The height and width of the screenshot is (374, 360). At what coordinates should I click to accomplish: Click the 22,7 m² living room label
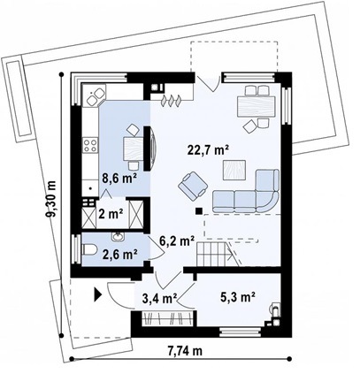[x=209, y=150]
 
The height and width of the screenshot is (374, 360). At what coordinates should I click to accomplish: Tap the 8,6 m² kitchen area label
[x=119, y=179]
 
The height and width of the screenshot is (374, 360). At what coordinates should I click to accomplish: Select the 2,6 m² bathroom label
[x=120, y=255]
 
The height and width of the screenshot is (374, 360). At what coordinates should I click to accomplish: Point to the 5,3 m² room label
[x=238, y=297]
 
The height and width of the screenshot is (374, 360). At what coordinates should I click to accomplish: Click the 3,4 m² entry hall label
[x=159, y=298]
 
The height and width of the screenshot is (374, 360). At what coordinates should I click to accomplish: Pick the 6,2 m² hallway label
[x=177, y=241]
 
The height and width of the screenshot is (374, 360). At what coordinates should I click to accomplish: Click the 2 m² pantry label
[x=111, y=214]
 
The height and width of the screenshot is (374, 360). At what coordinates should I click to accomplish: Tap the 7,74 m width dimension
[x=185, y=351]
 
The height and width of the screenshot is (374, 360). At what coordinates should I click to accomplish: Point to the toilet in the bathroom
[x=89, y=250]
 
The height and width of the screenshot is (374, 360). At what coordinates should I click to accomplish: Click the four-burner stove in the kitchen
[x=90, y=145]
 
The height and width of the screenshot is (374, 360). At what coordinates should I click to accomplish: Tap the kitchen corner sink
[x=95, y=96]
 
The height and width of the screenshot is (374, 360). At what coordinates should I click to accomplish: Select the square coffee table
[x=234, y=170]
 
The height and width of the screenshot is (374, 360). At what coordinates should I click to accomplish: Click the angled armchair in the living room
[x=193, y=186]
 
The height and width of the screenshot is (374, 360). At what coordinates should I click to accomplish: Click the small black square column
[x=199, y=210]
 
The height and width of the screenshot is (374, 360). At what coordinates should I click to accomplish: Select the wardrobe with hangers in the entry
[x=167, y=318]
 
